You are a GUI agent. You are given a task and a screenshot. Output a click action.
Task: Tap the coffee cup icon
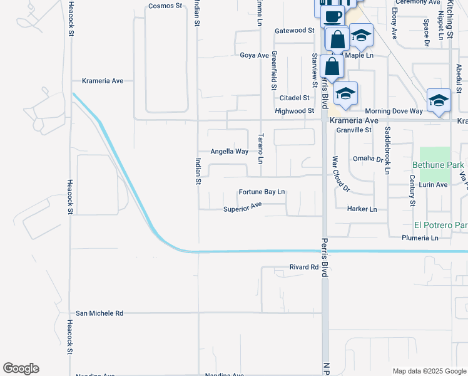(x=333, y=16)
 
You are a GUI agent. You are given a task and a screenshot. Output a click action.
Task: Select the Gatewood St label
(x=294, y=30)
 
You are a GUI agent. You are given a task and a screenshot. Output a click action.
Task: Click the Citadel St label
(x=294, y=98)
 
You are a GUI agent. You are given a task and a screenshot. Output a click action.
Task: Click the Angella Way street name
(x=229, y=152)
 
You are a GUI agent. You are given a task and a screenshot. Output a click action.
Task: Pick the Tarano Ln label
(x=261, y=148)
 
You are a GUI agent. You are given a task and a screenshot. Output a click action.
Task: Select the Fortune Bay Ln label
(x=262, y=192)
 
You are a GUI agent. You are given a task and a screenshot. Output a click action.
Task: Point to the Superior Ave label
(x=242, y=207)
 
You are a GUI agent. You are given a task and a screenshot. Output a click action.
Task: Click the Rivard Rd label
(x=304, y=267)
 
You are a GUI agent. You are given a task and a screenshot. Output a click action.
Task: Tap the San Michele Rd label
(x=99, y=313)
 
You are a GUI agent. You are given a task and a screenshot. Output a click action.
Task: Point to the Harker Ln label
(x=362, y=209)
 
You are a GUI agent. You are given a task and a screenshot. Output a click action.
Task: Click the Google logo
(x=21, y=368)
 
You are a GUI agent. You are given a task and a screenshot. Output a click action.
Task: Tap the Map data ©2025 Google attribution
(x=429, y=371)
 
